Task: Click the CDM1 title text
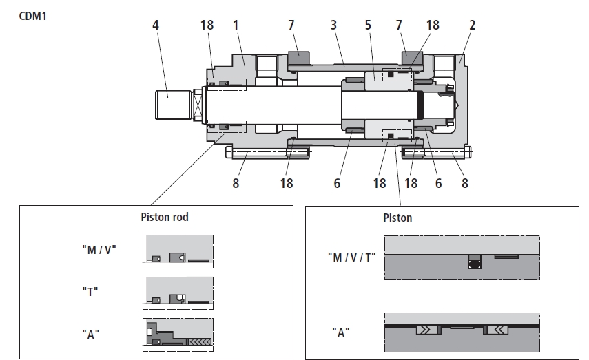(x=32, y=16)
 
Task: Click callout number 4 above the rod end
(x=156, y=25)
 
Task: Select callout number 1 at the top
(x=236, y=25)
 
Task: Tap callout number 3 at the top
(x=333, y=25)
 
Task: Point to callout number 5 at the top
(x=368, y=25)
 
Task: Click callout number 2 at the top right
(x=472, y=25)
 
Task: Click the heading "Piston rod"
(x=165, y=217)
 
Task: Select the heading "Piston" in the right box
(x=397, y=218)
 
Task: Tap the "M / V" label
(x=99, y=250)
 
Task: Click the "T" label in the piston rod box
(x=90, y=291)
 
